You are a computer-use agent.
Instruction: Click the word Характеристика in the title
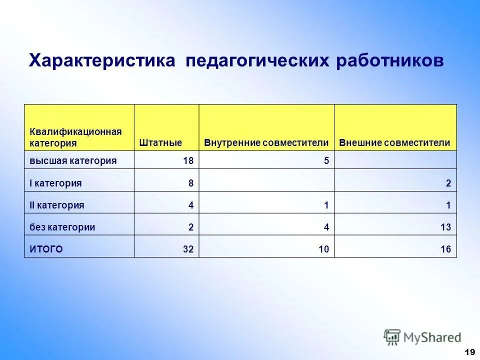tap(102, 61)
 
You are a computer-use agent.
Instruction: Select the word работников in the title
tap(389, 61)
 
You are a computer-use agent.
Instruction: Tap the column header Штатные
tap(160, 143)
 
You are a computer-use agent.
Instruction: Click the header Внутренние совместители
tap(266, 143)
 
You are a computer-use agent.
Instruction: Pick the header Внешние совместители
tap(394, 143)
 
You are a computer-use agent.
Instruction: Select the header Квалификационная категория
tap(75, 137)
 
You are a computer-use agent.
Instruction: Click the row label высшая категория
tap(73, 160)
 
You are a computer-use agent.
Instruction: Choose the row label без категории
tap(62, 227)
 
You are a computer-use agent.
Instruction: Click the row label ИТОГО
tap(46, 249)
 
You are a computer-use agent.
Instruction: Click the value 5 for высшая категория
tap(326, 161)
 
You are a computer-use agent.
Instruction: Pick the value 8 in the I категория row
tap(191, 183)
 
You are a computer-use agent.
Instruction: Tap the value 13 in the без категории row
tap(445, 227)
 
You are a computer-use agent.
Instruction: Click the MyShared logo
tap(422, 337)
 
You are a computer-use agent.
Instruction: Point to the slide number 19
tap(469, 352)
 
